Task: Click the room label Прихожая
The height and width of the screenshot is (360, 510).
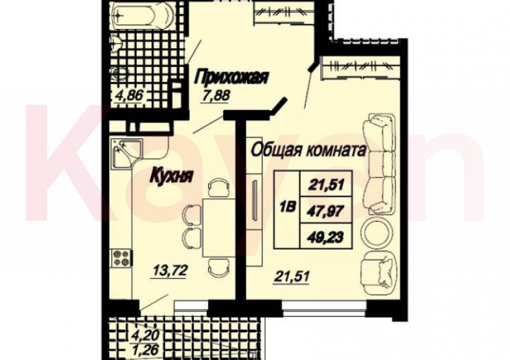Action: tap(231, 77)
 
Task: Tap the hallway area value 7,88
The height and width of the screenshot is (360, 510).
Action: tap(216, 95)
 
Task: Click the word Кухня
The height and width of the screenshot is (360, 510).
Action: tap(172, 175)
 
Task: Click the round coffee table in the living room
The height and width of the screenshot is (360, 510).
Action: tap(377, 231)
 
